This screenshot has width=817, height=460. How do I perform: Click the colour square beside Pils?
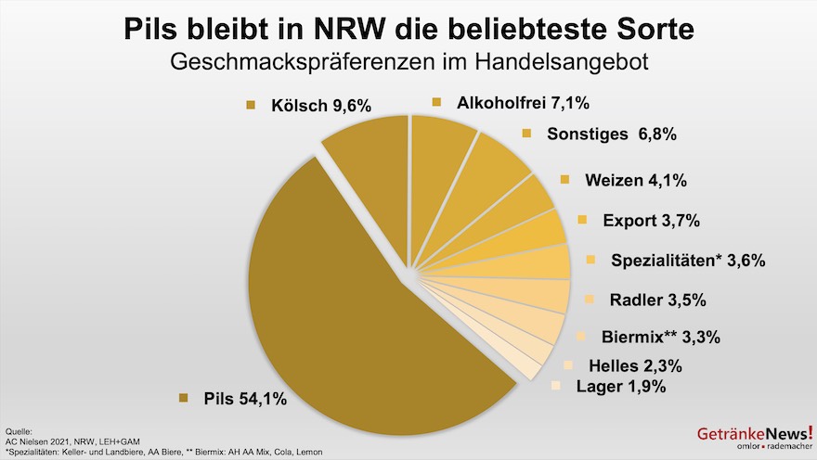(183, 400)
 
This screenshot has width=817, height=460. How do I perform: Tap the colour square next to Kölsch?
(250, 106)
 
